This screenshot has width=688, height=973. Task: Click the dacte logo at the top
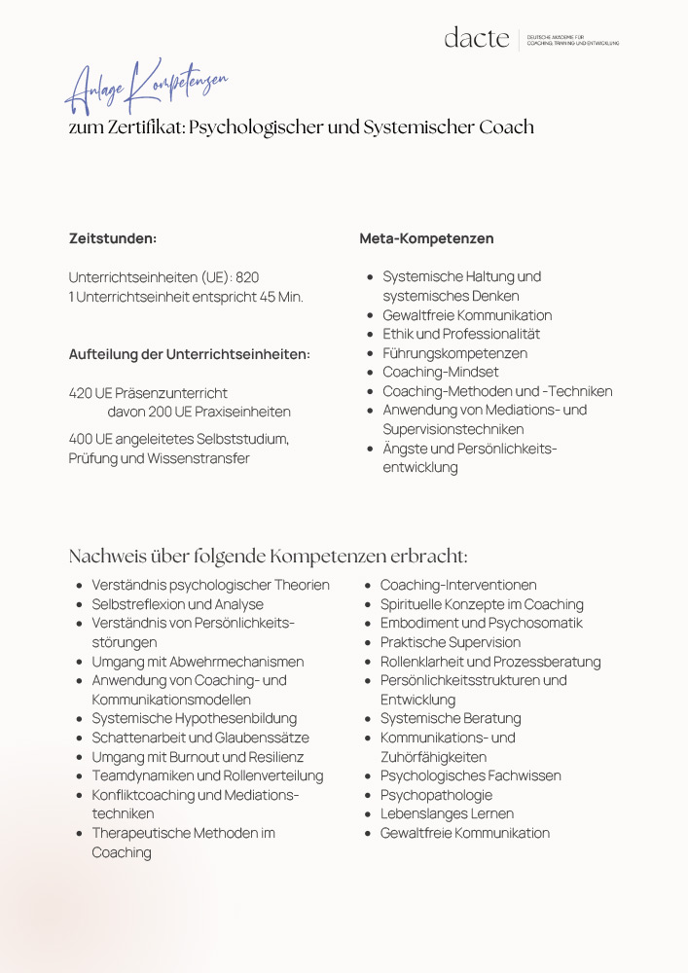[477, 38]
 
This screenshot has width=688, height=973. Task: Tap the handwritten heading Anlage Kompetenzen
[146, 87]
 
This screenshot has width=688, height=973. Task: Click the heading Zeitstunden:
[113, 238]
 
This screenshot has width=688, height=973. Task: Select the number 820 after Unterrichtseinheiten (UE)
[247, 277]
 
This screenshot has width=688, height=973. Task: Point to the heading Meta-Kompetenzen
[426, 238]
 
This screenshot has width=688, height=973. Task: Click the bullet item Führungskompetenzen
[454, 353]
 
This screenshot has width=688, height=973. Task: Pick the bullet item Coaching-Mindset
[440, 372]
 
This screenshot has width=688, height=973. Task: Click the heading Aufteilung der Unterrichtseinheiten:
[190, 354]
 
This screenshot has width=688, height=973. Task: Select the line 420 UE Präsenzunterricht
[148, 393]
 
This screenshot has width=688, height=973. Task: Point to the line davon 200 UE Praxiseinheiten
[199, 413]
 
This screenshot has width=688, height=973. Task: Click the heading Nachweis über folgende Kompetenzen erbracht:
[268, 557]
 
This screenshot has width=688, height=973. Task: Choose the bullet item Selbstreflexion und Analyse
[178, 604]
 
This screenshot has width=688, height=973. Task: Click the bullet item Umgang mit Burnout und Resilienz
[198, 757]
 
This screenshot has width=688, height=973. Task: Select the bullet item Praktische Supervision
[450, 642]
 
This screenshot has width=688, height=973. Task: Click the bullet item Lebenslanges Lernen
[447, 813]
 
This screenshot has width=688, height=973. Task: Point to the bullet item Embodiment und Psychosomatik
[481, 623]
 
